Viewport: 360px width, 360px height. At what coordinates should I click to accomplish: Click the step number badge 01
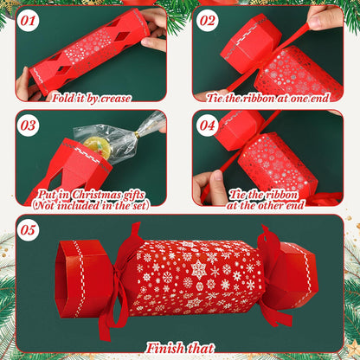click(29, 19)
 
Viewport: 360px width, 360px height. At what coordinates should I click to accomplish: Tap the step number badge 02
click(208, 19)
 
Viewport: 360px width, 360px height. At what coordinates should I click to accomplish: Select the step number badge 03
click(29, 126)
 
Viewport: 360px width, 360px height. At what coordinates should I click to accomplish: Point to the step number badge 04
click(208, 126)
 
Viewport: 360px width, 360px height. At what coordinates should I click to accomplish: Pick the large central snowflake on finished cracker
click(199, 270)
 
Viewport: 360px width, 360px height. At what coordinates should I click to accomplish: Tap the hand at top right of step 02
click(326, 17)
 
